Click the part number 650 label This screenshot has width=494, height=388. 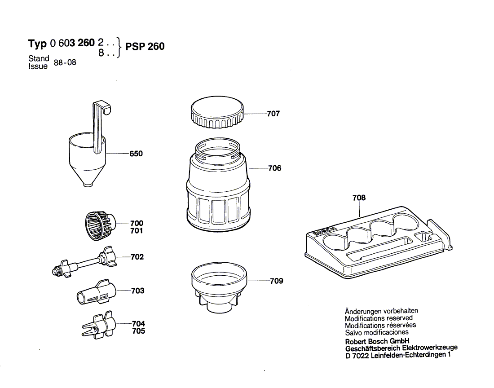[136, 154]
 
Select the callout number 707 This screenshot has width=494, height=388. [273, 114]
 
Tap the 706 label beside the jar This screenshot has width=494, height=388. [274, 168]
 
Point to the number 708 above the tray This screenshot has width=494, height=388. [359, 198]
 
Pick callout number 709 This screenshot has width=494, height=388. [277, 281]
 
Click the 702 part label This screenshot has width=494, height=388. [137, 257]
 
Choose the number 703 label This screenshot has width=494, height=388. [137, 291]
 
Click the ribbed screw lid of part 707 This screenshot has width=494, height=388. [217, 112]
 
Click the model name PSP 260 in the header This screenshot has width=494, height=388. [145, 47]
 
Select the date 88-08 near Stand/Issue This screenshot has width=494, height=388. [65, 62]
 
